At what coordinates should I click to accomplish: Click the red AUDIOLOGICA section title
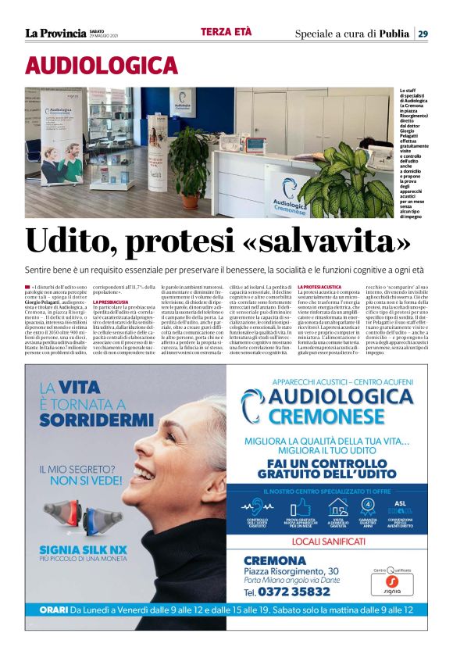(x=102, y=66)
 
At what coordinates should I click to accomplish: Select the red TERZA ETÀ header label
(x=226, y=32)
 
